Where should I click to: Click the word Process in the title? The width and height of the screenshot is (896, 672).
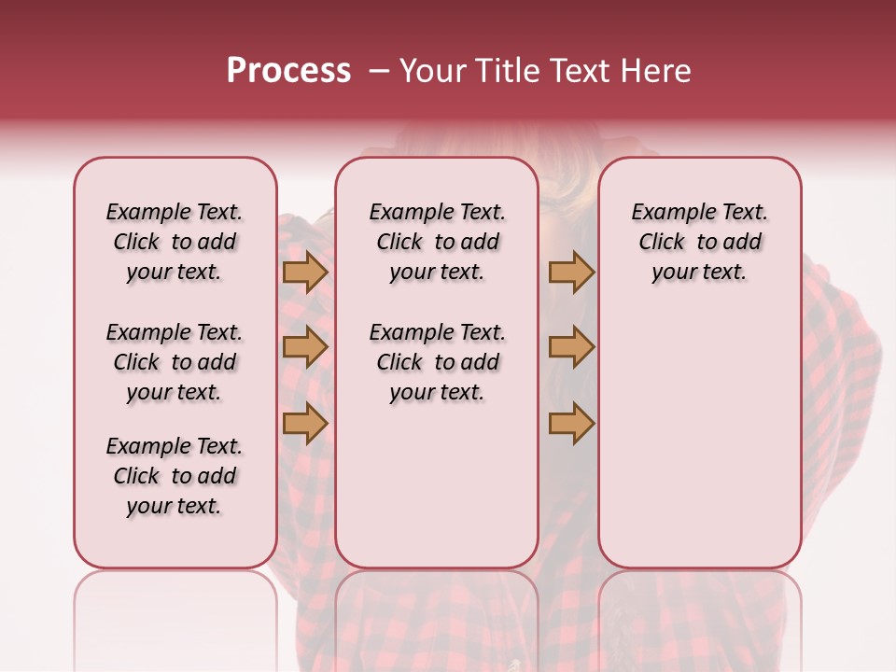[x=288, y=71]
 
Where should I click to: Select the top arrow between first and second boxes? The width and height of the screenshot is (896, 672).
[x=305, y=273]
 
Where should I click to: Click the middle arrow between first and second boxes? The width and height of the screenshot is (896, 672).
[x=305, y=347]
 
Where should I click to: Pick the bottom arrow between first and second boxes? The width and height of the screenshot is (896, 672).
[x=305, y=423]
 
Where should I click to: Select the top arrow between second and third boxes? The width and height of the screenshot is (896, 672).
[x=571, y=273]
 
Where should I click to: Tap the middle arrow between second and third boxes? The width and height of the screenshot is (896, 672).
[x=571, y=347]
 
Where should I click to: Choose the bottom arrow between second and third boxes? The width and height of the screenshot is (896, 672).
[x=571, y=423]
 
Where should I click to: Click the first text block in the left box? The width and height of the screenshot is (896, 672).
[x=175, y=242]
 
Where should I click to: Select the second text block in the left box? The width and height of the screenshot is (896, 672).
[x=175, y=362]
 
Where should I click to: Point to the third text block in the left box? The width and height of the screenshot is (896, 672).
[x=175, y=476]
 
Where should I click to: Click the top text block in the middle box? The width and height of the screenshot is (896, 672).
[x=437, y=242]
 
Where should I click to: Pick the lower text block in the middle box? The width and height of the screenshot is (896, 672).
[x=437, y=362]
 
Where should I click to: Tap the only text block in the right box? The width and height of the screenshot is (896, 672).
[x=699, y=242]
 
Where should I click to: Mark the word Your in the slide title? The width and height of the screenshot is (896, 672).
[x=430, y=71]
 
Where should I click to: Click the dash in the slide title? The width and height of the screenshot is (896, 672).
[x=379, y=71]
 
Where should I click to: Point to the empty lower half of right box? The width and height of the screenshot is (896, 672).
[x=699, y=448]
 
